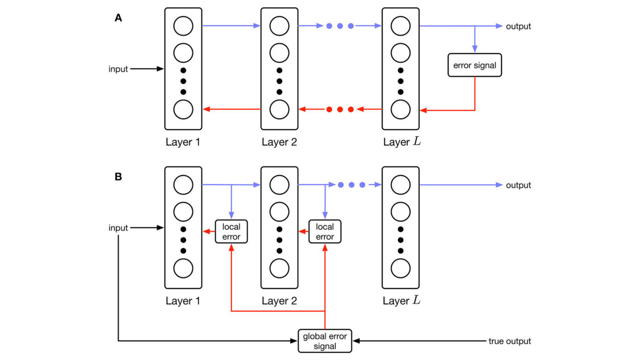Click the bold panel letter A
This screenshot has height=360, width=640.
pos(118,18)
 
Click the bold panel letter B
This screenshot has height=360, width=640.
pos(118,177)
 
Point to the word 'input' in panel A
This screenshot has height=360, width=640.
pos(118,69)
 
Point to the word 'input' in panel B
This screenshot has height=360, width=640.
pos(118,228)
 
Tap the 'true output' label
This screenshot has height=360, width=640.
pos(510,341)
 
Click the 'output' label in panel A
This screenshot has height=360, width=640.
pos(519,26)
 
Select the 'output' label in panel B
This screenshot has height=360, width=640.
pos(519,185)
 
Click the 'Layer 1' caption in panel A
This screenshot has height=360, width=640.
pos(183,142)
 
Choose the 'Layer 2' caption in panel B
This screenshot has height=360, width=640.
pos(279,301)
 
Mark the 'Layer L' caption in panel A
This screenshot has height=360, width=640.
pos(402,142)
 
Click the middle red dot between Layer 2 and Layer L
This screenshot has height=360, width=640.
pos(340,109)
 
